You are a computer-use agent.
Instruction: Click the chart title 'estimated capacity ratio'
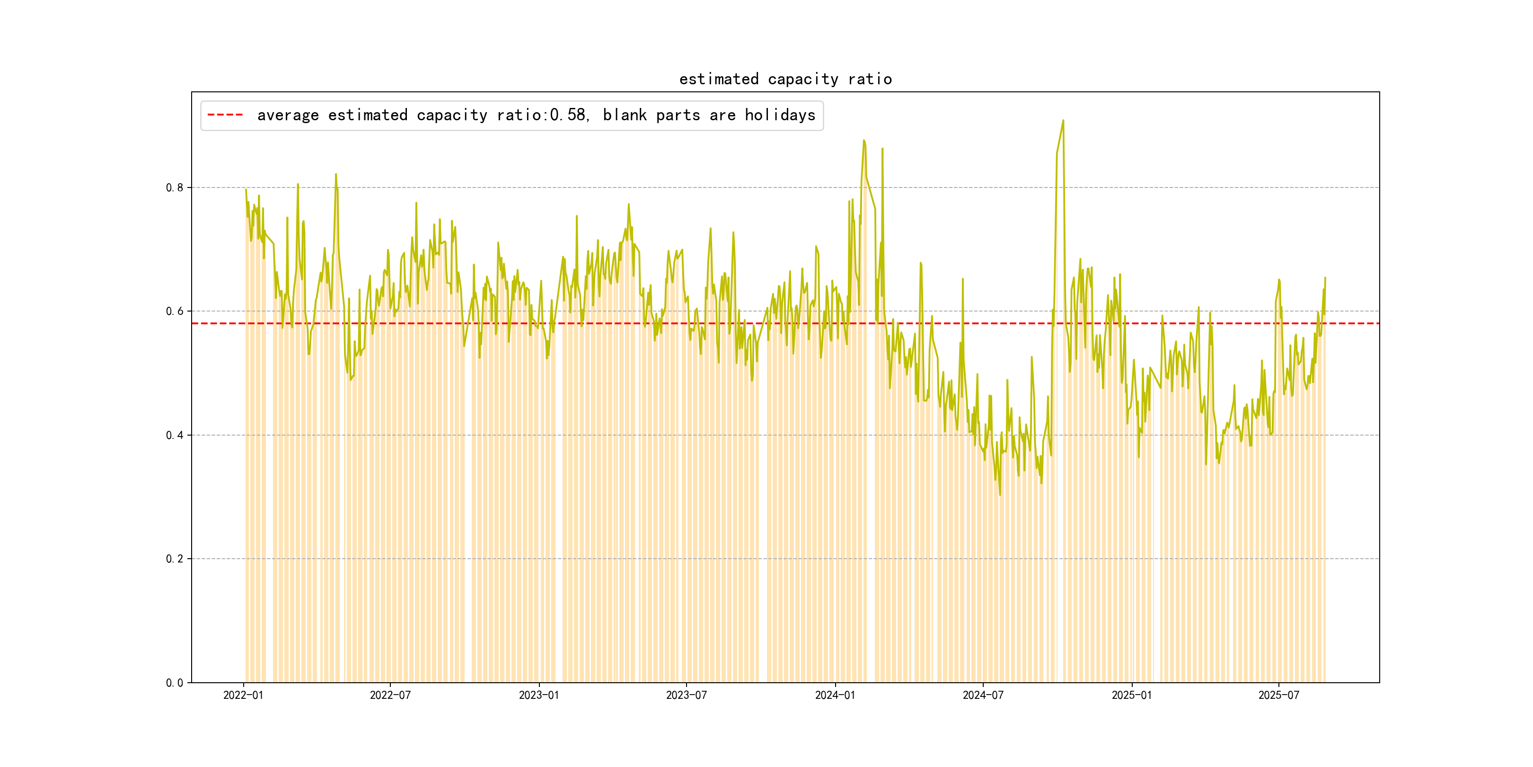click(x=785, y=79)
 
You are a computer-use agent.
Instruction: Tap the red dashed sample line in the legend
click(x=225, y=115)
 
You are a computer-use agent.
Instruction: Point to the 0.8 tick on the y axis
click(x=175, y=187)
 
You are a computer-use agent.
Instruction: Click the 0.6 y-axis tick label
click(x=175, y=312)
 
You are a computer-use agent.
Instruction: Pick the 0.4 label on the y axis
click(x=175, y=435)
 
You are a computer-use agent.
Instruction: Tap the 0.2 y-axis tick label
click(x=175, y=559)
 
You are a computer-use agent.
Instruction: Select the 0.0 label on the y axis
click(x=175, y=683)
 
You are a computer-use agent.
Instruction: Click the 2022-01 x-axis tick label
click(x=243, y=696)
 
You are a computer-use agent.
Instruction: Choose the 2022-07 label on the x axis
click(x=390, y=696)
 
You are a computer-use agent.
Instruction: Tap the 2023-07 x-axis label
click(x=686, y=696)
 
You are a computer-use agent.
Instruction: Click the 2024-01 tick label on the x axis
click(x=835, y=696)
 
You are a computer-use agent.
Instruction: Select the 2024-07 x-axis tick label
click(x=983, y=696)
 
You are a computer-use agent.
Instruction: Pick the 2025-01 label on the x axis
click(x=1131, y=696)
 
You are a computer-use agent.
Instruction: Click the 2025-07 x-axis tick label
click(x=1278, y=696)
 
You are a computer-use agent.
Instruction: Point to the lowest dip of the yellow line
click(x=1000, y=495)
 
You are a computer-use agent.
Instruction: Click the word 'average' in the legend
click(x=288, y=115)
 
